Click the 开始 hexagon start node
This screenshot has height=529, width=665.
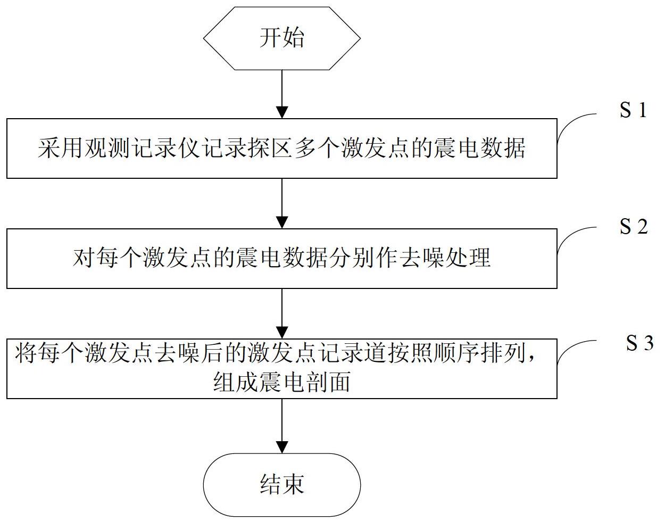[x=282, y=38]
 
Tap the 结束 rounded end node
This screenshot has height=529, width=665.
[x=282, y=484]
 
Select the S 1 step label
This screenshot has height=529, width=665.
[x=633, y=110]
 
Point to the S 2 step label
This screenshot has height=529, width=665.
[x=634, y=226]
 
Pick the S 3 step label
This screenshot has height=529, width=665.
[x=639, y=343]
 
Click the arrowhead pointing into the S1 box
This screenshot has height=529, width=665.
[x=282, y=112]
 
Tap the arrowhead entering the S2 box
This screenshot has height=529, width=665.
[x=282, y=222]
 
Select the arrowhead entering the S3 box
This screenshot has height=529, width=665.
[x=282, y=333]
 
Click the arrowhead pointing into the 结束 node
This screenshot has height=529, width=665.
[x=282, y=447]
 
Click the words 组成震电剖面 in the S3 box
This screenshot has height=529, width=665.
[x=281, y=382]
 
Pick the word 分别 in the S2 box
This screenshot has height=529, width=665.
[x=342, y=258]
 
